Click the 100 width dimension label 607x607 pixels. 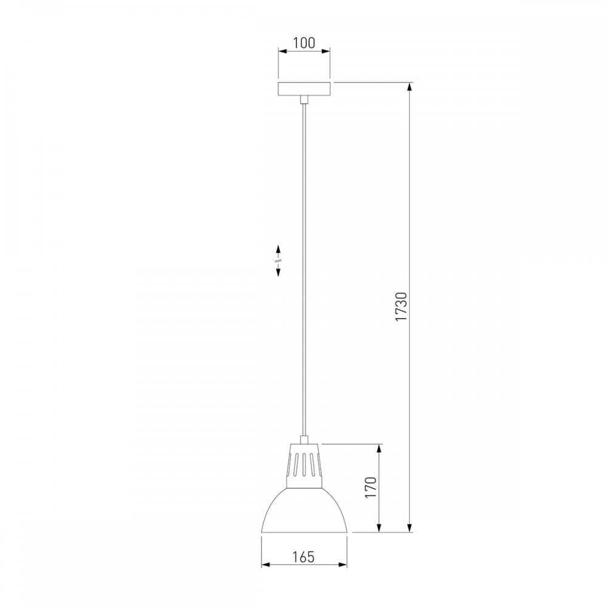click(304, 42)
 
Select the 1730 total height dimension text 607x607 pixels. click(401, 307)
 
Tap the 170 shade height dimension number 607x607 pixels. click(371, 487)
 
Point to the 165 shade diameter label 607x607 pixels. click(304, 557)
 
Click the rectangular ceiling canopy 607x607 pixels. click(304, 89)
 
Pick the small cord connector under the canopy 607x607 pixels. click(304, 100)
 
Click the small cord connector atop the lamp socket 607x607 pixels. click(304, 439)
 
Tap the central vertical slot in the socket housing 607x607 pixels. click(304, 464)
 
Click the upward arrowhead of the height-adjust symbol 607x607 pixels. click(278, 248)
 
